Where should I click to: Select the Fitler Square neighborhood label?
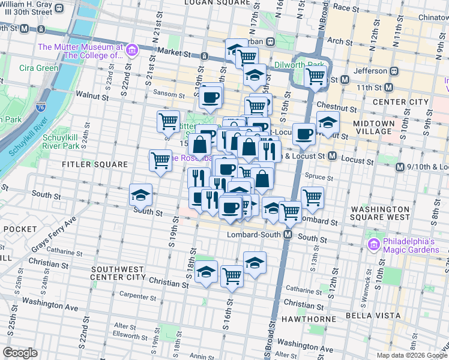pos(95,164)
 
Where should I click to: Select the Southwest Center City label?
pos(118,273)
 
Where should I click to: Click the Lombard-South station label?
pos(255,235)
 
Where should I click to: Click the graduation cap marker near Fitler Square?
pos(140,195)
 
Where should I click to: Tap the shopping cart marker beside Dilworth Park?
pos(315,77)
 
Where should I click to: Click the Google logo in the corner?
pos(20,353)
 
